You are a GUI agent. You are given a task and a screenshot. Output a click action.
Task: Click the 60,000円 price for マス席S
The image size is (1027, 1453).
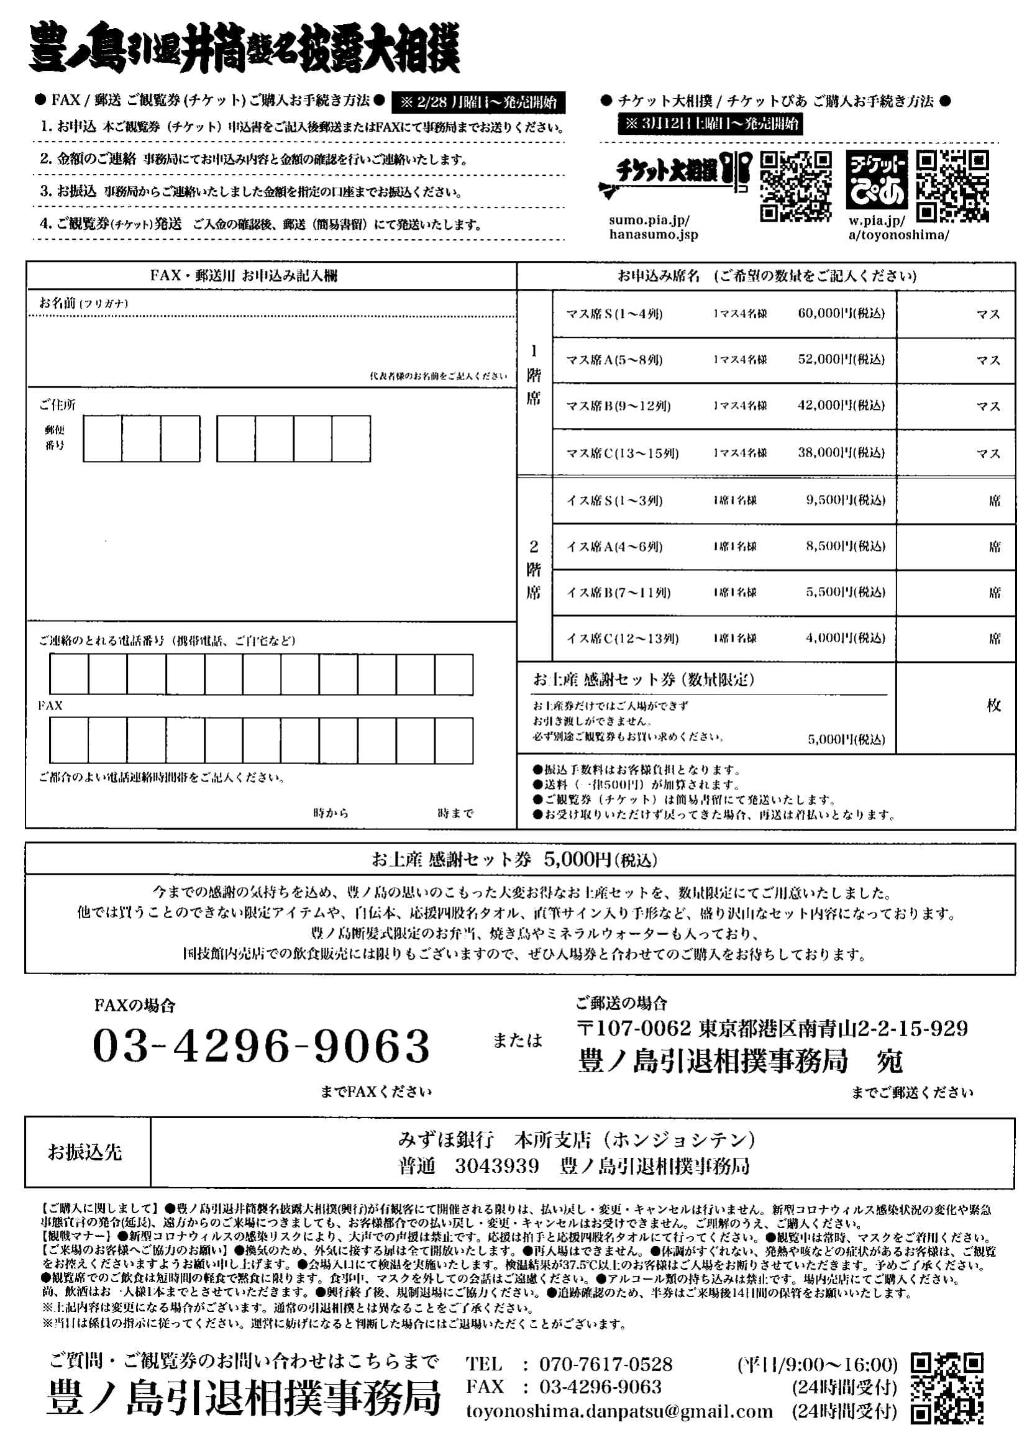(x=841, y=313)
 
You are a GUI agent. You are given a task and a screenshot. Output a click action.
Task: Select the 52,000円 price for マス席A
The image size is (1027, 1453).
(x=841, y=360)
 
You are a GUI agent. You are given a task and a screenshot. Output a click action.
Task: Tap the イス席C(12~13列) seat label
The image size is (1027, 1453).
(x=622, y=639)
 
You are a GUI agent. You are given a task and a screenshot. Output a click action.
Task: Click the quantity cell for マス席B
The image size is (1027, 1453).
(x=956, y=406)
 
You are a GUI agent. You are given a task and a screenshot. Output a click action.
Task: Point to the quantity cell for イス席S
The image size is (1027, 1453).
(x=956, y=501)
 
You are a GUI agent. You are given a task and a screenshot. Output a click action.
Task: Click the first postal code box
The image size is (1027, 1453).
(x=103, y=439)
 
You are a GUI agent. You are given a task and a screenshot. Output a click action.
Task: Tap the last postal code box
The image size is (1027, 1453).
(x=351, y=439)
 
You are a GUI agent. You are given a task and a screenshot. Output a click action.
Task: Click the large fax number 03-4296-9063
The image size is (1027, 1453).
(x=262, y=1046)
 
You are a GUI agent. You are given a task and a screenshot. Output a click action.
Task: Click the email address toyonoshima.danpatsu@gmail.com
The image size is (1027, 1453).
(x=619, y=1412)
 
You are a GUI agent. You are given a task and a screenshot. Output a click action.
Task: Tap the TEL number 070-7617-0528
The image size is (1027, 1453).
(x=606, y=1364)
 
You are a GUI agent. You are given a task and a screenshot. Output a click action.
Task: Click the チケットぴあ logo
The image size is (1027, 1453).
(x=877, y=180)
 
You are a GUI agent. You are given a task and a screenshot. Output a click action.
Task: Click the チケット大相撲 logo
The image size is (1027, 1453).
(x=674, y=174)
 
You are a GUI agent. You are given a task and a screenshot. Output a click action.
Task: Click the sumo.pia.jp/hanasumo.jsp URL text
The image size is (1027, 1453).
(x=653, y=228)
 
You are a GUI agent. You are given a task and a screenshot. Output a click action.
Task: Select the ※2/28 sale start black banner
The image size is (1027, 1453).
(x=478, y=102)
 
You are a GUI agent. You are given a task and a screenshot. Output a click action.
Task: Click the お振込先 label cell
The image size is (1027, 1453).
(x=84, y=1152)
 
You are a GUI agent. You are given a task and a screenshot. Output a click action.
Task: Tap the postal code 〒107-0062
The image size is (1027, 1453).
(x=634, y=1028)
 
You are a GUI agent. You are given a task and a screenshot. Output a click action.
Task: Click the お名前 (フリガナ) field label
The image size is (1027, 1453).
(x=83, y=303)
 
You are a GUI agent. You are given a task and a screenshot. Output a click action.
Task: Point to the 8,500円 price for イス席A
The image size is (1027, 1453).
(x=845, y=546)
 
